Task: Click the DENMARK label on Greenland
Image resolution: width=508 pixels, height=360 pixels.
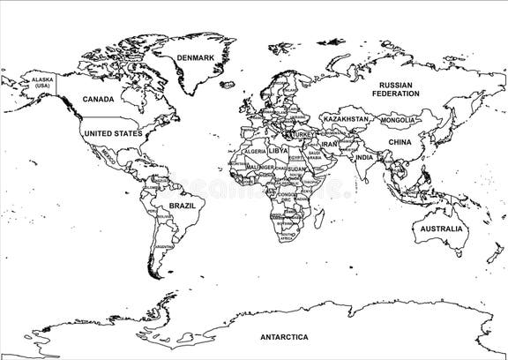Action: (x=195, y=58)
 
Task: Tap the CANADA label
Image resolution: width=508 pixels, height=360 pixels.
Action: (x=98, y=99)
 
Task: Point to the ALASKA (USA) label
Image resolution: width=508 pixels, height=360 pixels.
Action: (x=41, y=82)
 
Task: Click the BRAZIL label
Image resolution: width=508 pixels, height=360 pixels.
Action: (x=182, y=205)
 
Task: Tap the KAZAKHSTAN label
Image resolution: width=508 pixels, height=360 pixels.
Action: (x=346, y=118)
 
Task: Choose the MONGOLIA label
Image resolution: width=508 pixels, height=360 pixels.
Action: (x=397, y=120)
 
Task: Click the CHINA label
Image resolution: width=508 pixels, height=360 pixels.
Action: (x=400, y=141)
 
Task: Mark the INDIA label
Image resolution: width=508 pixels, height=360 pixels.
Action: (x=364, y=157)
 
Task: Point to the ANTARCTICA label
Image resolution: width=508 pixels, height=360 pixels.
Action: (x=284, y=337)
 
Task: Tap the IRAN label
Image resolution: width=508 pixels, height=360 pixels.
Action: (x=329, y=143)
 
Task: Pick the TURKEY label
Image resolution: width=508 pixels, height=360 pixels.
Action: (x=303, y=133)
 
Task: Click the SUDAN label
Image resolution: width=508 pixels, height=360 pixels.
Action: (x=296, y=168)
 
